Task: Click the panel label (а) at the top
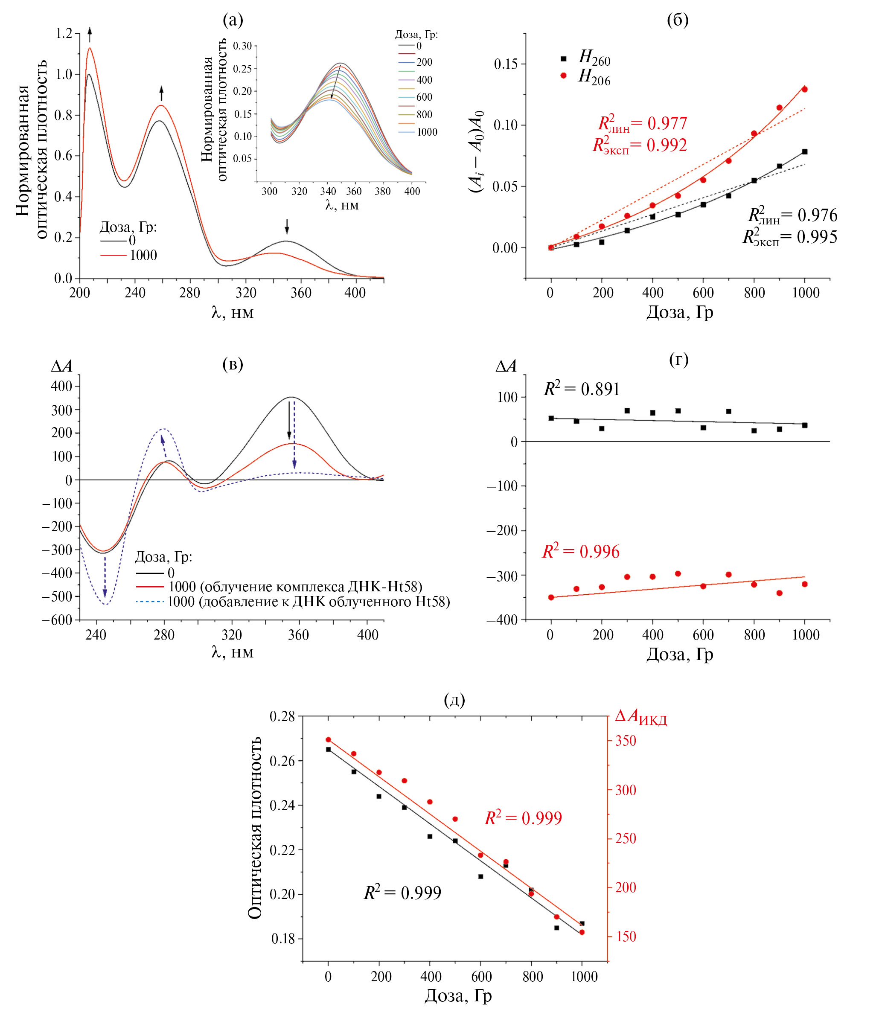[233, 20]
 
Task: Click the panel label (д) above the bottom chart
[454, 699]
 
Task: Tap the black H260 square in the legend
[564, 58]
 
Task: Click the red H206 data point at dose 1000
[805, 89]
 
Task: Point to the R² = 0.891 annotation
[581, 389]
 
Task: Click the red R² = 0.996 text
[580, 552]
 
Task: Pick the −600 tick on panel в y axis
[57, 620]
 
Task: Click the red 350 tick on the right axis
[626, 741]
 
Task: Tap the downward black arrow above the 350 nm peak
[287, 227]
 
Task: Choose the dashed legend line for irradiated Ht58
[150, 602]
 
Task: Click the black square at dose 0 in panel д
[328, 749]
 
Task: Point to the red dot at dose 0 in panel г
[551, 597]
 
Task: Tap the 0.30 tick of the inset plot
[242, 46]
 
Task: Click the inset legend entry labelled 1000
[427, 132]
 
